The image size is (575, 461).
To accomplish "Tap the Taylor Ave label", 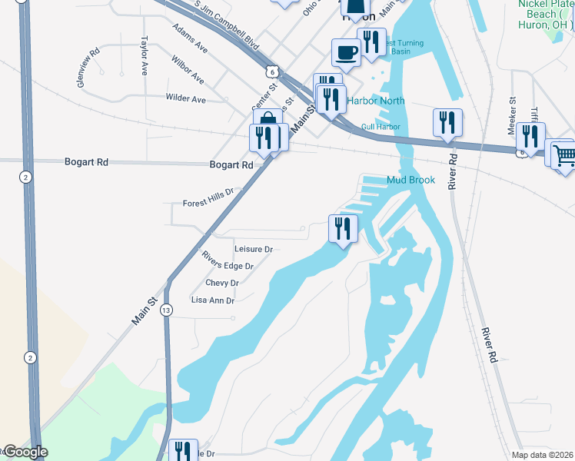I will [144, 55].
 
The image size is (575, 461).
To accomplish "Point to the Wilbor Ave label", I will [188, 70].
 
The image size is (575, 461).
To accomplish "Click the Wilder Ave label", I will [186, 99].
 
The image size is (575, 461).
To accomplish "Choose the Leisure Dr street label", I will [254, 250].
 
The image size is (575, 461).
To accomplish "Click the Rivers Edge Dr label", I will [228, 261].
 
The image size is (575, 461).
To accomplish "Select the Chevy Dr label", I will [222, 283].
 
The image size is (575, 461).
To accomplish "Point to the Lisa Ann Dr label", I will [213, 300].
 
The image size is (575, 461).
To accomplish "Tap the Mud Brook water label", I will [411, 181].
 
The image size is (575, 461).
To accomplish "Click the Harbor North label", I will [375, 101].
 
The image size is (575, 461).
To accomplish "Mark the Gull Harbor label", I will [381, 126].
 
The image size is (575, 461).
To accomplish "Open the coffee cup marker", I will [345, 54].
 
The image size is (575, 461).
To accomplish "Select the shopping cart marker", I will [563, 155].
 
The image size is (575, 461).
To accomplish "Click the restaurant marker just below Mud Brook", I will [342, 228].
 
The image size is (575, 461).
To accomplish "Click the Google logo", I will [25, 453].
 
